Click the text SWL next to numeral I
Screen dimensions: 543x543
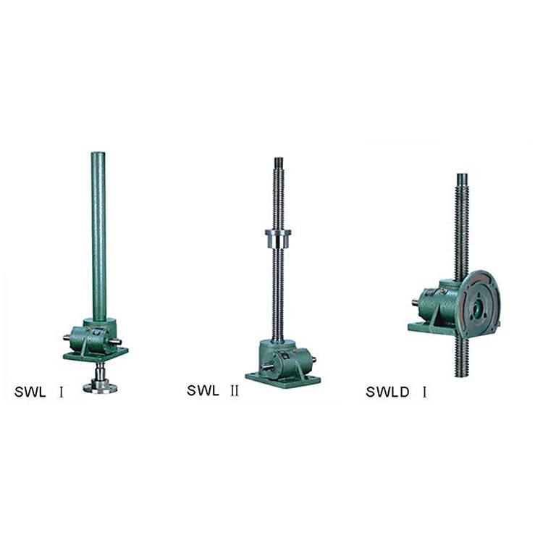(30, 392)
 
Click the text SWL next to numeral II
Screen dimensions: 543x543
(203, 391)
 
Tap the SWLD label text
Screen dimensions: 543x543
(387, 392)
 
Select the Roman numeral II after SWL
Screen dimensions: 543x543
(235, 391)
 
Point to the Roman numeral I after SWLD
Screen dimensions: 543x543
(424, 392)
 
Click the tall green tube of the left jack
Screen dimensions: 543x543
(98, 235)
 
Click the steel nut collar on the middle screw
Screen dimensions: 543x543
(278, 239)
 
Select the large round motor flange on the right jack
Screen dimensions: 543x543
(479, 304)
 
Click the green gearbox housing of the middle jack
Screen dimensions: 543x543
(286, 360)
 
